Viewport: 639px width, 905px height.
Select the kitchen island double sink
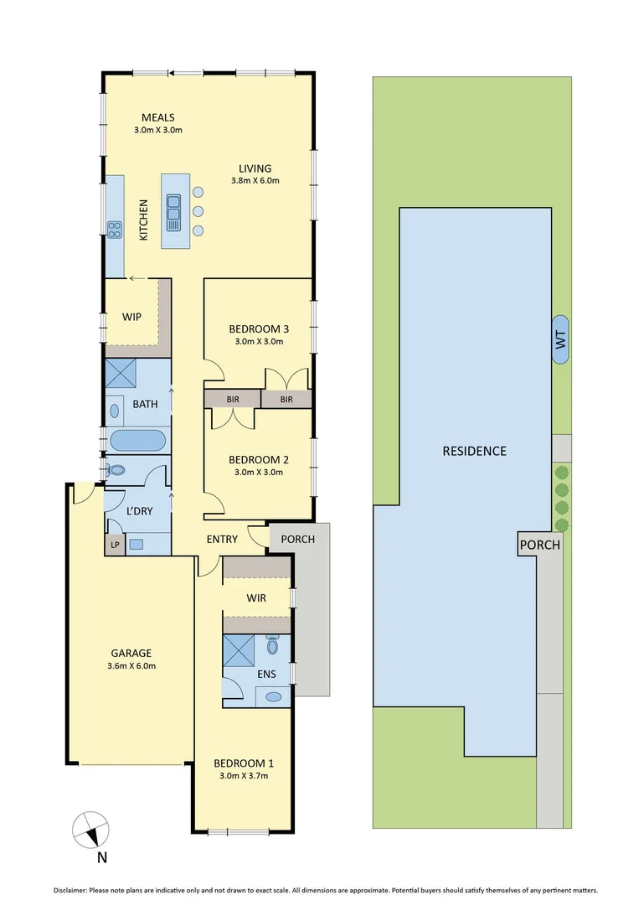tap(174, 213)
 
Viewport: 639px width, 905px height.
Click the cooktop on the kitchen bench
tap(114, 229)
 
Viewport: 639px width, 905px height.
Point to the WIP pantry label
tap(131, 317)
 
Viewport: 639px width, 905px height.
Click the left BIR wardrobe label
tap(232, 400)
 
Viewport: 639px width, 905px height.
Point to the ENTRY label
tap(222, 539)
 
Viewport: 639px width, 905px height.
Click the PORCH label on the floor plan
tap(297, 539)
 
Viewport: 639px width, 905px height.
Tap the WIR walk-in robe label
tap(255, 598)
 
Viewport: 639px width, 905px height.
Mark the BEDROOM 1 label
tap(243, 768)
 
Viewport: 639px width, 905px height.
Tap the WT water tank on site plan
tap(560, 339)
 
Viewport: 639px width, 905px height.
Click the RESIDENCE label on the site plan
tap(474, 451)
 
